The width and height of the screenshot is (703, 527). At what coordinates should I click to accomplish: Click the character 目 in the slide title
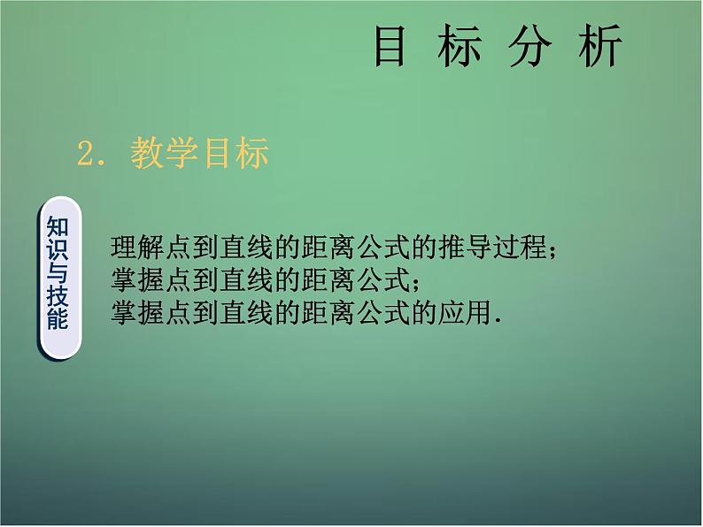coord(390,46)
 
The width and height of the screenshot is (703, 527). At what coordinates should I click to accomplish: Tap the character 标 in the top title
coord(460,46)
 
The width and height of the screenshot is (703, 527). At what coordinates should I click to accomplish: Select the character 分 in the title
coord(529,46)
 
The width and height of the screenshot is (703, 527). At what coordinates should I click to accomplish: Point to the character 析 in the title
coord(600,46)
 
